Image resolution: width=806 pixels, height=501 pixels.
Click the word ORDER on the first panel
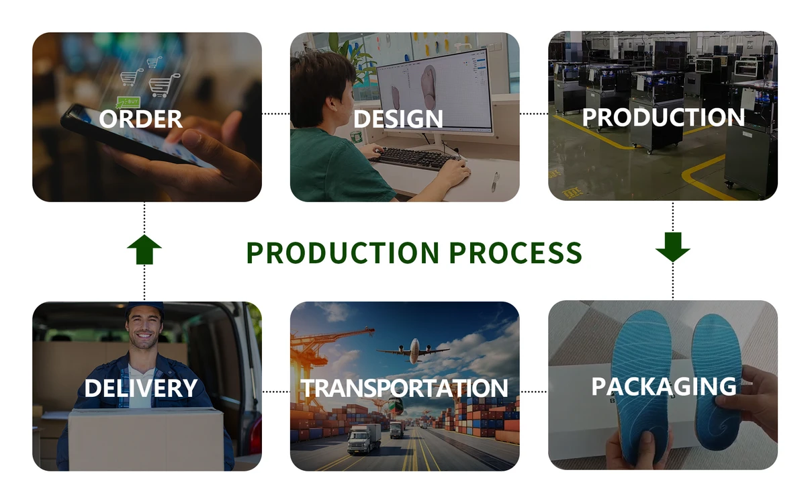click(x=140, y=119)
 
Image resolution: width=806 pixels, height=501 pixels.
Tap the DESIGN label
click(x=398, y=119)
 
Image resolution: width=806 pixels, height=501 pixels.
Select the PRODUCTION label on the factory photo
click(x=663, y=118)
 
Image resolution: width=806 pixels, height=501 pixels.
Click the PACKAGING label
click(x=664, y=386)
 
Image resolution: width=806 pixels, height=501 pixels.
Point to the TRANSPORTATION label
click(x=404, y=388)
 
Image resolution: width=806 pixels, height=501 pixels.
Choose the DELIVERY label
click(x=141, y=388)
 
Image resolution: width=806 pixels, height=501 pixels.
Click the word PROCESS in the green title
click(x=515, y=253)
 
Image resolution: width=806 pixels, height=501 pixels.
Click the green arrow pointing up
click(x=144, y=250)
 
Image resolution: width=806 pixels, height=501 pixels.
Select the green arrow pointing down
click(x=672, y=247)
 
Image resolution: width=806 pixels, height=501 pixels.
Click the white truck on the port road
click(x=364, y=439)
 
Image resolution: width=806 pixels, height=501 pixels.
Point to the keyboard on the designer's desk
click(x=417, y=158)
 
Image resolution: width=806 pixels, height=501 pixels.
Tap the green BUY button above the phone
click(x=128, y=102)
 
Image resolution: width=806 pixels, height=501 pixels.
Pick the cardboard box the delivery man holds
click(x=146, y=439)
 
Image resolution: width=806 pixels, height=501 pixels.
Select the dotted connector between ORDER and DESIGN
click(x=276, y=113)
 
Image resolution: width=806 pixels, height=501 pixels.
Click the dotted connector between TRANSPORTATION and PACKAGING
click(x=534, y=392)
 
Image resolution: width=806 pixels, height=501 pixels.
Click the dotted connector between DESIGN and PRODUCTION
click(x=534, y=113)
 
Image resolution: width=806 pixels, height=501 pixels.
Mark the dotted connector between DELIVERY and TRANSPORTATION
click(x=276, y=392)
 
